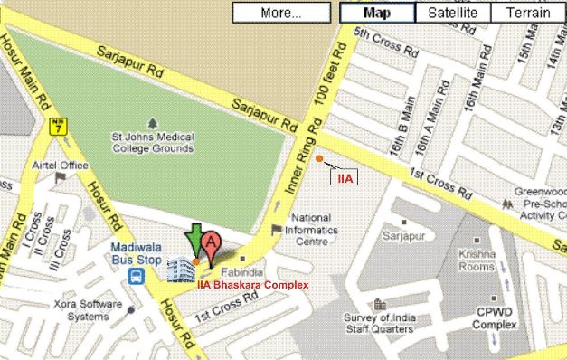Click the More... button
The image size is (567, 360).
(281, 13)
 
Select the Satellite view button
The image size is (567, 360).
(453, 13)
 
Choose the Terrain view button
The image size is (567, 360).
(527, 13)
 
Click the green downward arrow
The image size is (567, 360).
(194, 242)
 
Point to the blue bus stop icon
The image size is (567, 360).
(136, 275)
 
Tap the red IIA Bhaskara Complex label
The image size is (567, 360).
(252, 285)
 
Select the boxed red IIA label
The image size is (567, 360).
(345, 178)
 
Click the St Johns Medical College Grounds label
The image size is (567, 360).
(152, 142)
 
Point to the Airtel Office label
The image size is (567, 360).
(61, 166)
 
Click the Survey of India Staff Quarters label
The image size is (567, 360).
(380, 323)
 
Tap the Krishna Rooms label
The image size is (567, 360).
(477, 261)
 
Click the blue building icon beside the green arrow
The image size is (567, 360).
(180, 270)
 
